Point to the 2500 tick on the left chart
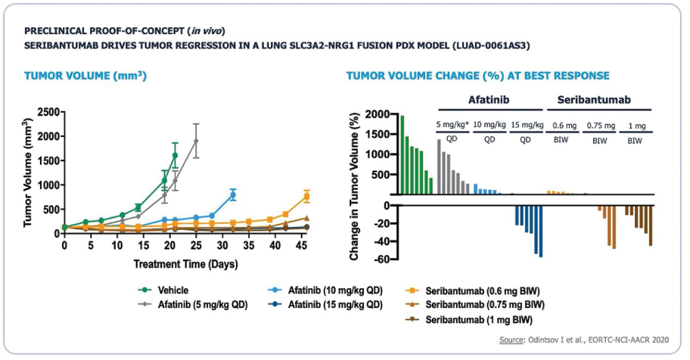46,112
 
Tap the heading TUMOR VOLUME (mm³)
85,76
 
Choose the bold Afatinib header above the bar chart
488,100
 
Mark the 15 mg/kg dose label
526,125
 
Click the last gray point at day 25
196,141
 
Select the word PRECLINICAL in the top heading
55,31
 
